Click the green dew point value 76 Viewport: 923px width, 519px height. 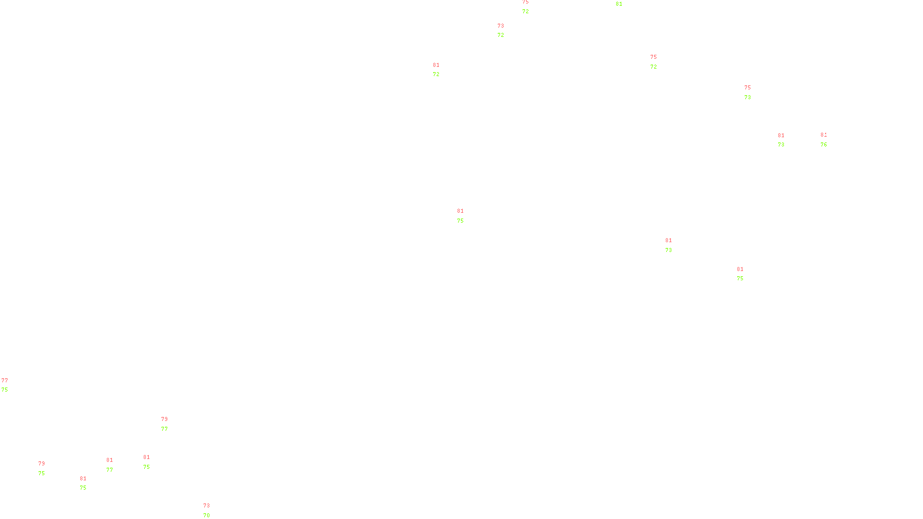(x=824, y=145)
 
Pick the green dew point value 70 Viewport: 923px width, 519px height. (x=207, y=516)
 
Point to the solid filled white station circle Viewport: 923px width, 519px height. (x=829, y=140)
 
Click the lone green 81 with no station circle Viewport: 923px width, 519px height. (x=619, y=4)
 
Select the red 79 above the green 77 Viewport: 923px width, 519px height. (x=164, y=419)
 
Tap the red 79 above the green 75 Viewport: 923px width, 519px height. (x=42, y=464)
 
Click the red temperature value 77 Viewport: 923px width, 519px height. (x=5, y=381)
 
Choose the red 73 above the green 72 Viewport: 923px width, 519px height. (x=501, y=26)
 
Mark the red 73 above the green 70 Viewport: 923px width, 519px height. (x=207, y=506)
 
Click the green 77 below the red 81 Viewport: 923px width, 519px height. (x=110, y=470)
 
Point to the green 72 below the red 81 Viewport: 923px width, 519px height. (x=436, y=74)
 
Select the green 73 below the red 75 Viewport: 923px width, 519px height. (x=748, y=97)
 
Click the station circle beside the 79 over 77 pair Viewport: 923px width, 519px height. (x=170, y=424)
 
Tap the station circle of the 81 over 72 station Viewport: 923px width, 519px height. (x=442, y=70)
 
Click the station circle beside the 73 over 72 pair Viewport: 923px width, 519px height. (x=506, y=31)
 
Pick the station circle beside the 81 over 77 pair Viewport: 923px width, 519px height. (x=115, y=465)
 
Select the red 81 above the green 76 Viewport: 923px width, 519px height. (x=824, y=135)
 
